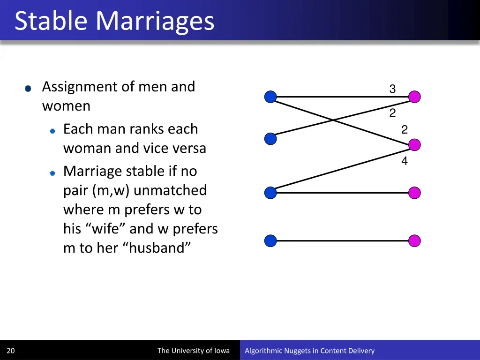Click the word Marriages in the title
click(x=154, y=21)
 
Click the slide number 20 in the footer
click(x=11, y=351)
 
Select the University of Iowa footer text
click(x=193, y=351)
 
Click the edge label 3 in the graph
click(x=392, y=89)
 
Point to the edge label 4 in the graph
click(x=404, y=161)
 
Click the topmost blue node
click(x=270, y=97)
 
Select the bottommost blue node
click(x=270, y=241)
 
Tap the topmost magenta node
click(x=414, y=97)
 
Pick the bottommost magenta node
click(x=414, y=241)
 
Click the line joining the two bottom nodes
click(x=342, y=241)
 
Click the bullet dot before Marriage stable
click(x=53, y=173)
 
